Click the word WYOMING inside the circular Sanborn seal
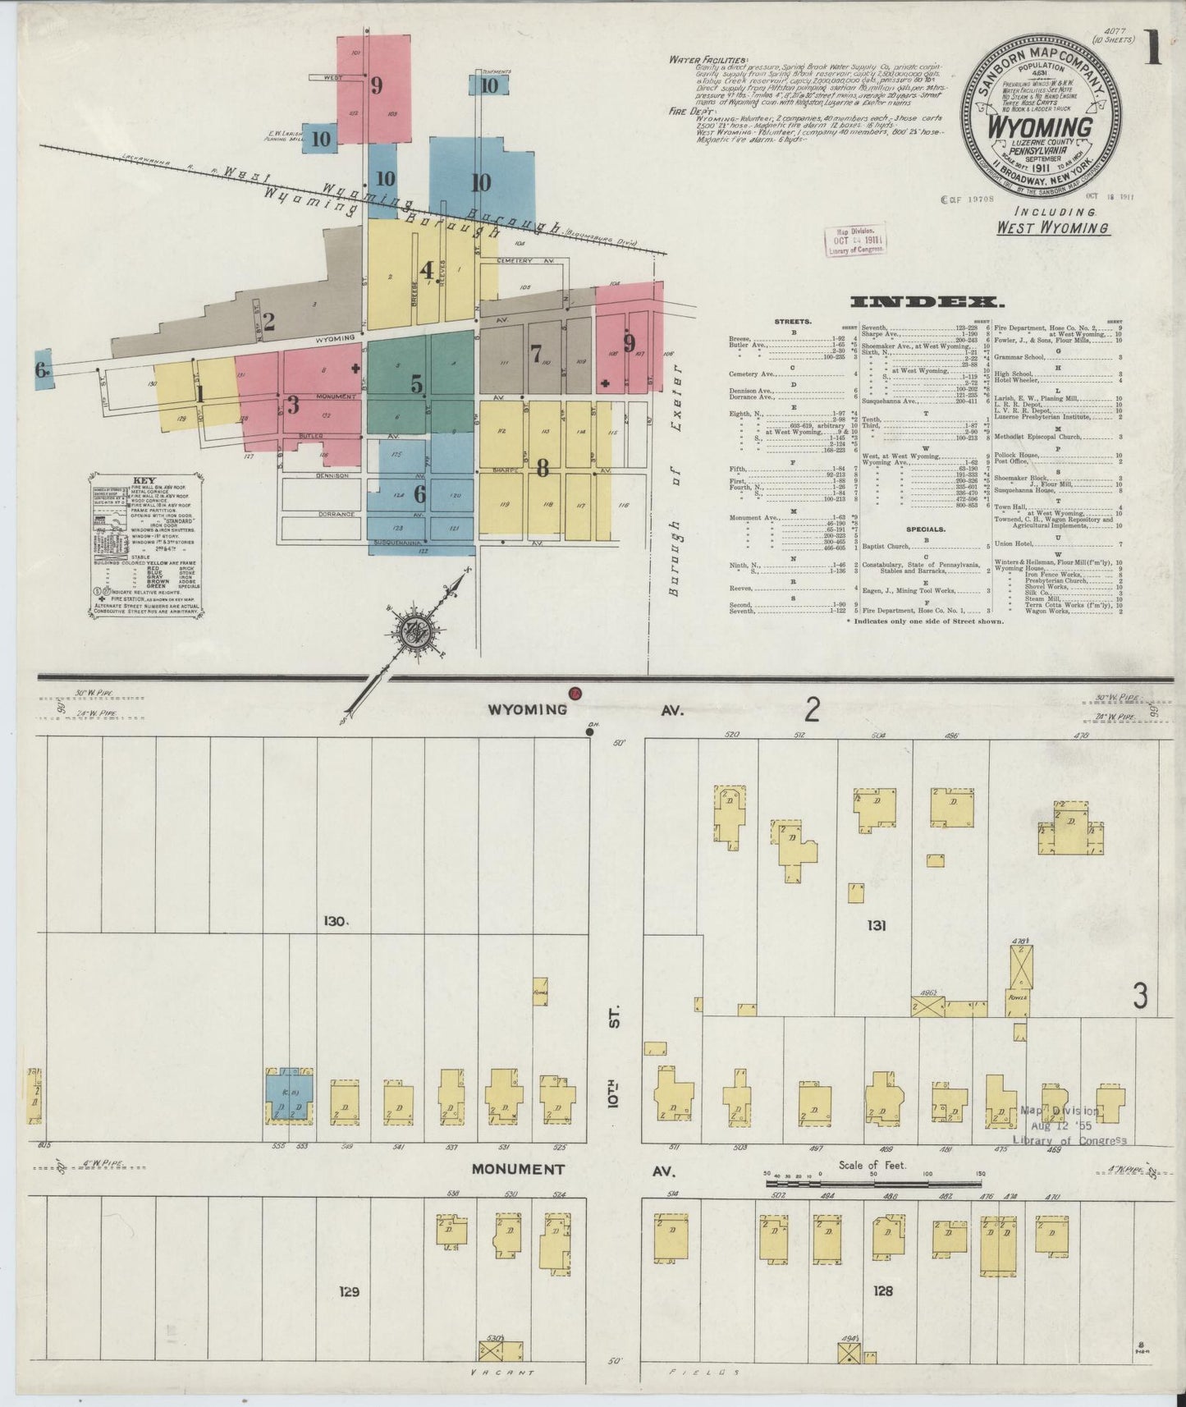pos(1041,128)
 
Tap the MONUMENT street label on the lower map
pos(518,1168)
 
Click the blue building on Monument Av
pos(288,1096)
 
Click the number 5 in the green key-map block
pos(417,383)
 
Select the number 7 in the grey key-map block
pos(536,354)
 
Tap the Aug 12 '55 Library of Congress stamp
pos(1069,1125)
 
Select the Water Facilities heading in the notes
pos(708,59)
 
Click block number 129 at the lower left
pos(349,1291)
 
